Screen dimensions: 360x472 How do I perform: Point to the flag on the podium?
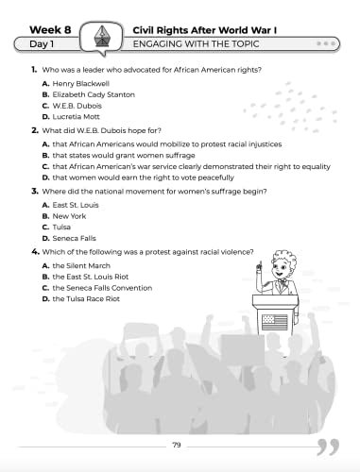tap(274, 322)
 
